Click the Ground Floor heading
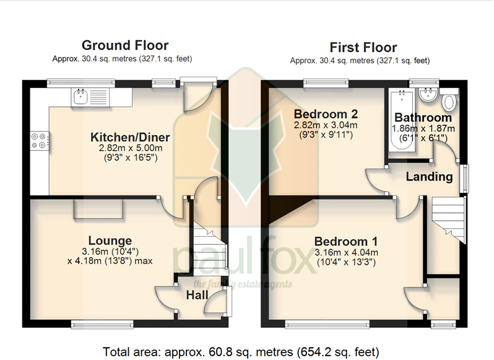tap(125, 46)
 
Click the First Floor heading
tap(363, 48)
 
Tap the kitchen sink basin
tap(80, 96)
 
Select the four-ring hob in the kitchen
tap(40, 140)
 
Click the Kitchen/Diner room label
tap(130, 137)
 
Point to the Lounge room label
tap(110, 241)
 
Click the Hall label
tap(197, 295)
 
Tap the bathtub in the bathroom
tap(401, 121)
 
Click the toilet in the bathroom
tap(449, 100)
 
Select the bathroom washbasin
tap(428, 95)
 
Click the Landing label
tap(429, 177)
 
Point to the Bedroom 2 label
tap(326, 114)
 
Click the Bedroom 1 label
tap(346, 242)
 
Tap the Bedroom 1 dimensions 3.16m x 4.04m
tap(346, 252)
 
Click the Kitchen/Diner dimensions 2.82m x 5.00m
tap(131, 148)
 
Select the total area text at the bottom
tap(241, 352)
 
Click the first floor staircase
tap(449, 220)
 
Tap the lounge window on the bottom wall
tap(102, 324)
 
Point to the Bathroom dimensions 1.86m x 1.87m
tap(423, 129)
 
